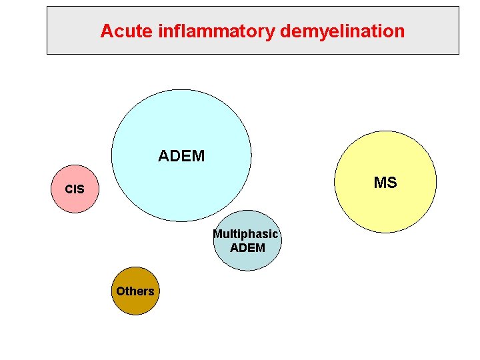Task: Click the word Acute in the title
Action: coord(127,31)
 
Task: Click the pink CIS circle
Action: coord(75,189)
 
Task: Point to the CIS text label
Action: coord(75,189)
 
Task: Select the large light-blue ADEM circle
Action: coord(181,155)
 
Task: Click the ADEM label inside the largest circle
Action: coord(181,156)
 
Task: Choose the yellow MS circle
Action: coord(385,182)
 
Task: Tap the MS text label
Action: coord(385,183)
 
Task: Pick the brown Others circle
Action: coord(135,291)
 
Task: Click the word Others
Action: coord(135,291)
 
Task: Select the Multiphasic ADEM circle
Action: coord(247,240)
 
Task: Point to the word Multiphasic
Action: coord(246,235)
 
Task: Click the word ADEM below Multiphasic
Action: coord(247,247)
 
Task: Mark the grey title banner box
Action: coord(253,30)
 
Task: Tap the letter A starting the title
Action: coord(107,31)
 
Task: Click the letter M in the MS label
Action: coord(380,183)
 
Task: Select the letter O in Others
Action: coord(121,291)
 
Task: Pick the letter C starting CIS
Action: coord(69,189)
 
